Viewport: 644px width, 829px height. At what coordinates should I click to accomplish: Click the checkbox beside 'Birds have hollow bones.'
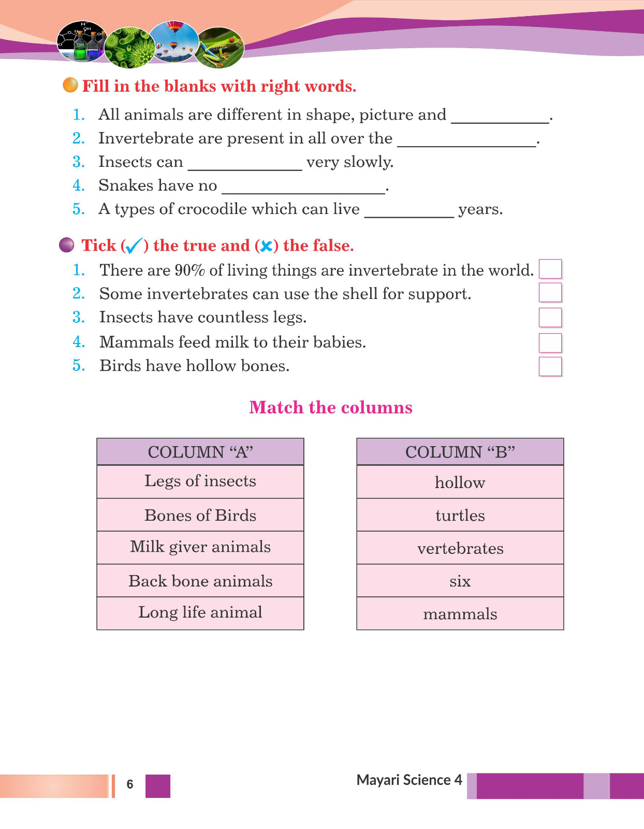[x=550, y=366]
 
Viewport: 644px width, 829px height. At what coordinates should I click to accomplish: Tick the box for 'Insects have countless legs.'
[x=550, y=317]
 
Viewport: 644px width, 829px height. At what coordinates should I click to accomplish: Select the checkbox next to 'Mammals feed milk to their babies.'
[x=550, y=342]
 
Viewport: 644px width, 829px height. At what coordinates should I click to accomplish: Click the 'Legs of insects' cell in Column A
[x=200, y=481]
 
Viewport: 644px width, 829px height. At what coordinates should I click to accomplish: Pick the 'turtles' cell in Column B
[x=460, y=515]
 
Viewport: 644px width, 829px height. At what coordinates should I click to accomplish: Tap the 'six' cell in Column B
[x=460, y=581]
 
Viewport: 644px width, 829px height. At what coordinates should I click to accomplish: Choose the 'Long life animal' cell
[x=200, y=613]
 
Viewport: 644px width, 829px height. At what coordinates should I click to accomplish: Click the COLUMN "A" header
[x=200, y=452]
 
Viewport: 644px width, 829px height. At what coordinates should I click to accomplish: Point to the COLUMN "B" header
[x=460, y=452]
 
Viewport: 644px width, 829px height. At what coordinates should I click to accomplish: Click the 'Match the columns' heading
[x=331, y=407]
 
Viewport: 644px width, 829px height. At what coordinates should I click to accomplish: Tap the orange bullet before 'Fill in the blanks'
[x=70, y=85]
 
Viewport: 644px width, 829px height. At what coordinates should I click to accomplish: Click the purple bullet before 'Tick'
[x=67, y=245]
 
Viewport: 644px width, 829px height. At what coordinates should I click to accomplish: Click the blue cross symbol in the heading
[x=266, y=246]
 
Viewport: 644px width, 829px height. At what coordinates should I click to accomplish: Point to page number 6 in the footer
[x=130, y=784]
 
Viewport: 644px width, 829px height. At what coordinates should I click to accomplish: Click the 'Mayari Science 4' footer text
[x=409, y=780]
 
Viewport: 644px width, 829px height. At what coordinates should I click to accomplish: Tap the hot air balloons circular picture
[x=174, y=42]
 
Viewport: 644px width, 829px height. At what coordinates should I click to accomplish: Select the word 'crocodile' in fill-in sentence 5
[x=212, y=209]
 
